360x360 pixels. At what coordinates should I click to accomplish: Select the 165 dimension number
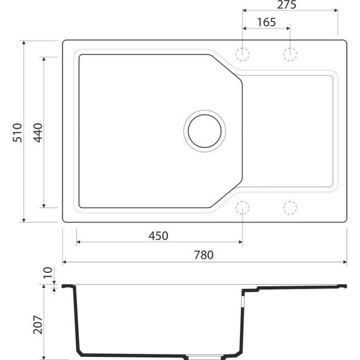coord(267,22)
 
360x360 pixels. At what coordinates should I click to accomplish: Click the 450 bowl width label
coord(158,236)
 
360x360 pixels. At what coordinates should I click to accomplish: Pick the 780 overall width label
coord(205,255)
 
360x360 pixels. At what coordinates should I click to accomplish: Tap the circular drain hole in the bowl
coord(203,129)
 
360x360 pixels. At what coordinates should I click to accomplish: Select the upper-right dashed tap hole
coord(290,53)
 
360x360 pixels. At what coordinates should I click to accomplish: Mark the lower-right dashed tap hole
coord(290,207)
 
